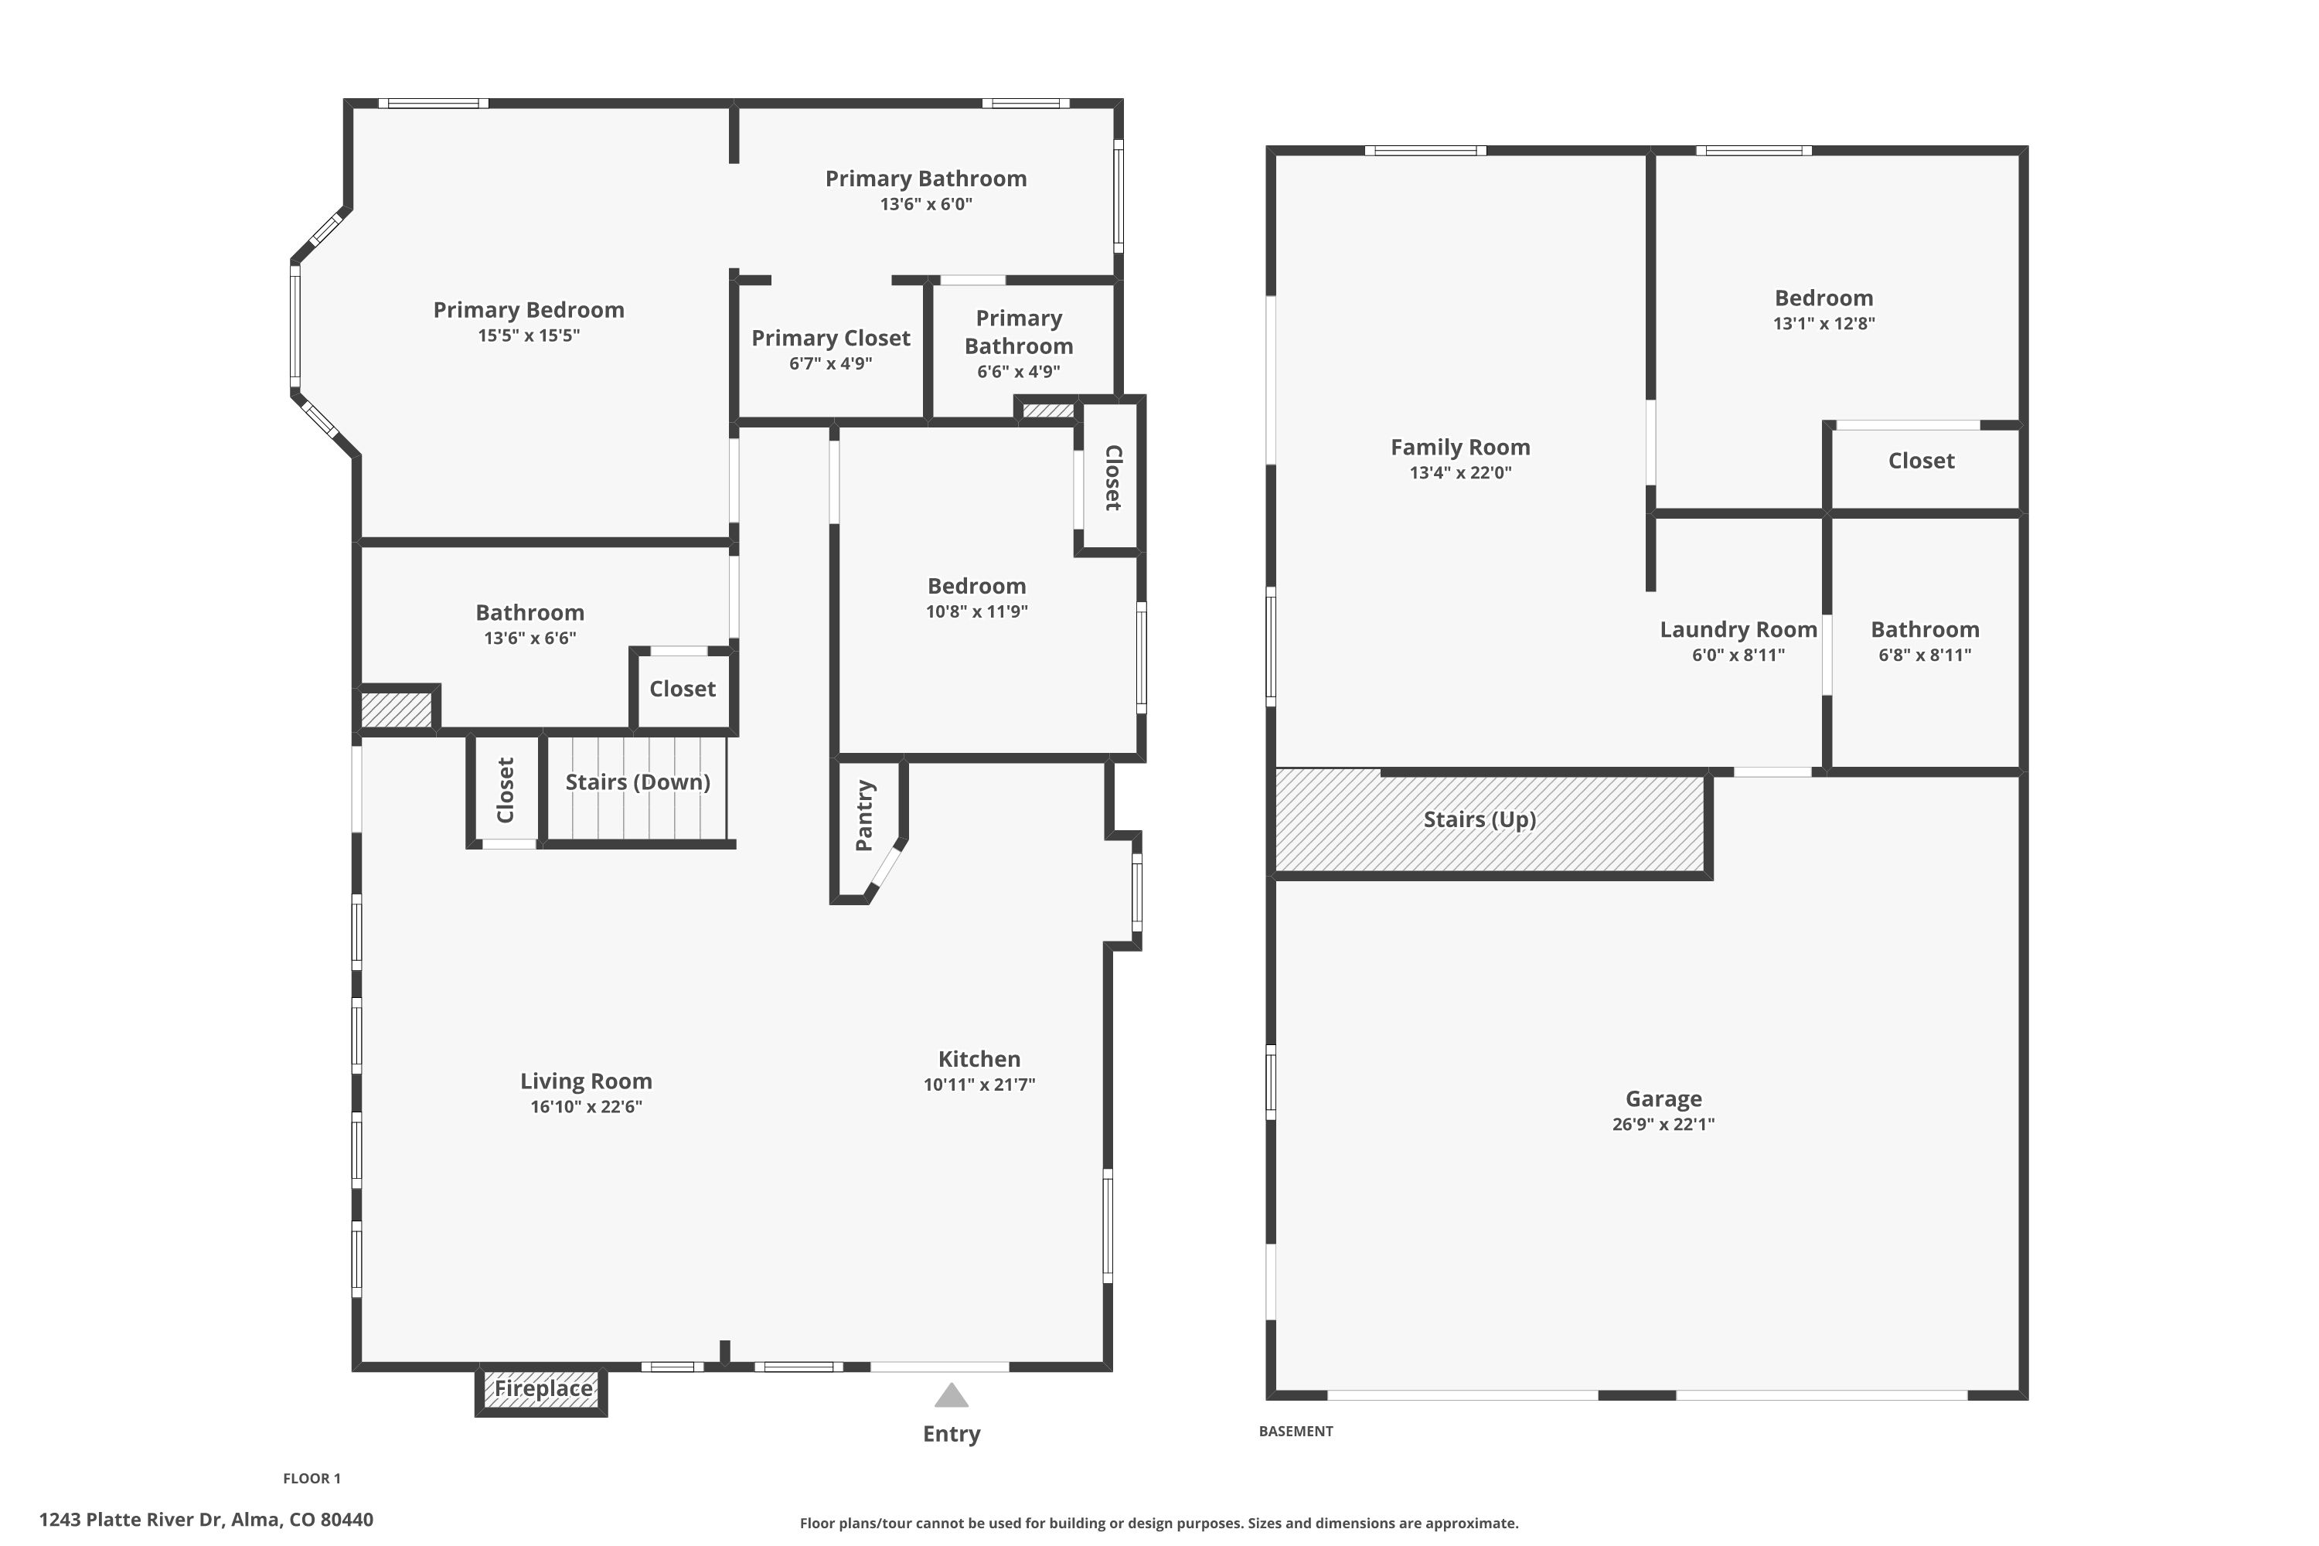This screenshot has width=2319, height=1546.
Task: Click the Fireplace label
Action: click(543, 1388)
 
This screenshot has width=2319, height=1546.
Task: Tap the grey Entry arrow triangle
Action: click(952, 1394)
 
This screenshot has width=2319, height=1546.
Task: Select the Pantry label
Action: click(865, 816)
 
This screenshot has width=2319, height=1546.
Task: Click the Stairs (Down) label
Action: click(638, 782)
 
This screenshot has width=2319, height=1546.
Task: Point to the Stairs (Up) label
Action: click(1480, 819)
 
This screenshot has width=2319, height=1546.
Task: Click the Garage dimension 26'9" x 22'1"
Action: click(1663, 1124)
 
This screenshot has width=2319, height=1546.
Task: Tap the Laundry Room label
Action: click(1738, 629)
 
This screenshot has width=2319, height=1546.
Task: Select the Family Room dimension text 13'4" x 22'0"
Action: click(1460, 472)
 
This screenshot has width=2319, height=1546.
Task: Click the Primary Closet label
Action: click(831, 339)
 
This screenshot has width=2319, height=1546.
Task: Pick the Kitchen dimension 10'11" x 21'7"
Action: click(979, 1085)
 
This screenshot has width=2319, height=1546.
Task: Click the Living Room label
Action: click(587, 1081)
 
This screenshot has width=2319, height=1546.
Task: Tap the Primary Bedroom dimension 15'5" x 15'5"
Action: click(529, 335)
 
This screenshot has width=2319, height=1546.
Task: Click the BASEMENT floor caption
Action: click(1296, 1431)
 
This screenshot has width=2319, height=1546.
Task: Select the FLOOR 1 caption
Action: click(312, 1478)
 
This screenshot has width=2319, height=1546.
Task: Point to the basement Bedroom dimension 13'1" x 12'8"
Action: click(1824, 323)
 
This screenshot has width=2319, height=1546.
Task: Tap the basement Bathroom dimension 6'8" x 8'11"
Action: click(1925, 655)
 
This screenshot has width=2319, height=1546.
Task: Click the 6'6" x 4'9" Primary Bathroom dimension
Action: click(1019, 372)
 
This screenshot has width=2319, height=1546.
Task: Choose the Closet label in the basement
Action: click(1921, 461)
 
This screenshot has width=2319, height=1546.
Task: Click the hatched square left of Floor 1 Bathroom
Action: click(397, 710)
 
